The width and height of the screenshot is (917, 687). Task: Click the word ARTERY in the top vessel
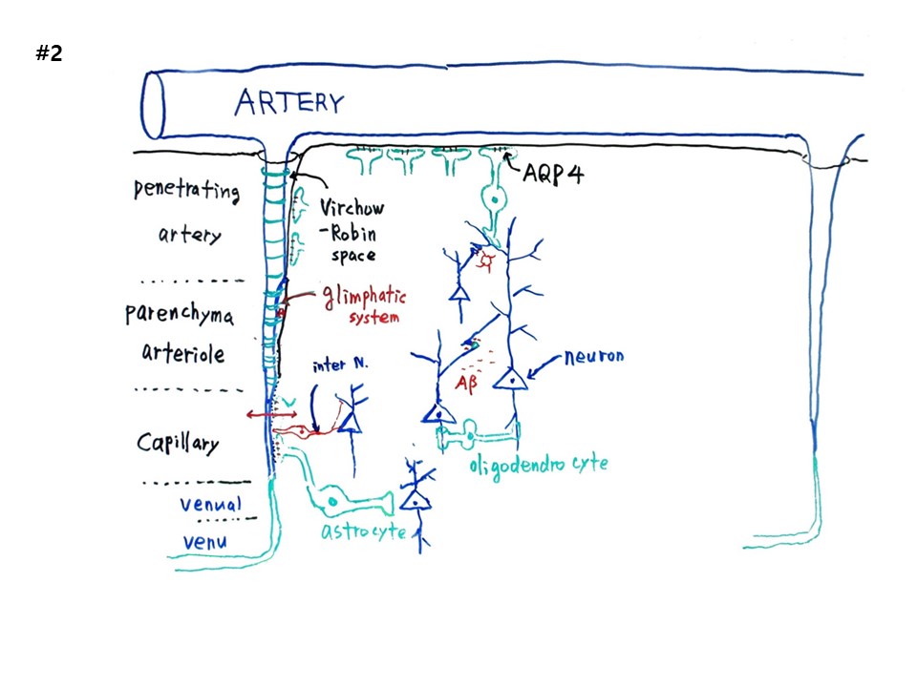tap(288, 102)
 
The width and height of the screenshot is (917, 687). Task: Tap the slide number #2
tap(49, 53)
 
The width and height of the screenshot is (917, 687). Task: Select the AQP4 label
tap(553, 175)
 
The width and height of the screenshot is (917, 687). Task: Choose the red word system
tap(373, 319)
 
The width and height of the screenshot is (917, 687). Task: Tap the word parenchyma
tap(181, 317)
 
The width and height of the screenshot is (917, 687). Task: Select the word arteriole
tap(182, 354)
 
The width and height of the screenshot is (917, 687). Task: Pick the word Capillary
tap(178, 443)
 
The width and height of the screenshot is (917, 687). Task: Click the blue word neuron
tap(593, 356)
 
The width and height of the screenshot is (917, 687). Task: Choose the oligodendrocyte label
tap(538, 466)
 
